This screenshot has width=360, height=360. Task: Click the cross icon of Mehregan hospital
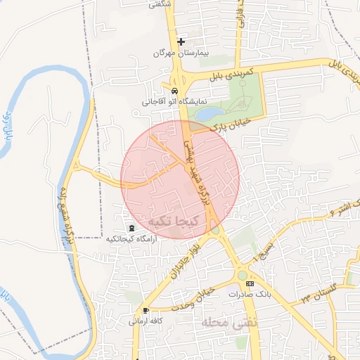pyautogui.click(x=181, y=42)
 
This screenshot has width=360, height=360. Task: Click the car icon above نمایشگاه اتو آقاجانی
pyautogui.click(x=174, y=91)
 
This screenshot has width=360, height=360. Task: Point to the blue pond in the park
pyautogui.click(x=208, y=112)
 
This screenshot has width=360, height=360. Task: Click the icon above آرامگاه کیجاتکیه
pyautogui.click(x=131, y=228)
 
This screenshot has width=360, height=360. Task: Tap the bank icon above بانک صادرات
pyautogui.click(x=250, y=283)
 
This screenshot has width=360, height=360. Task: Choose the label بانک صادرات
pyautogui.click(x=250, y=295)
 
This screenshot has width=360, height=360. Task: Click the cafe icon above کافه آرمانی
pyautogui.click(x=146, y=310)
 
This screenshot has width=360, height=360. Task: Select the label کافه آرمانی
pyautogui.click(x=146, y=321)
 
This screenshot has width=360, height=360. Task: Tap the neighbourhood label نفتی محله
pyautogui.click(x=226, y=322)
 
